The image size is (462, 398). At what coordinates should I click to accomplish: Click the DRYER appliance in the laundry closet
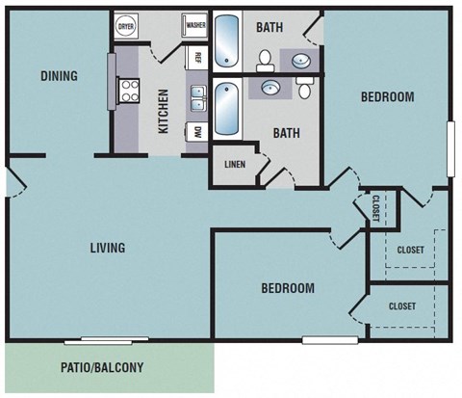pos(126,27)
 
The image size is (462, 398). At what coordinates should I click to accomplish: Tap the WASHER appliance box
pos(195,26)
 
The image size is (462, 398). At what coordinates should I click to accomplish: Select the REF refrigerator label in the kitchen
pos(196,59)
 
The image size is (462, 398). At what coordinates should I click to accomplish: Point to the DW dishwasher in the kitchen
pos(197,131)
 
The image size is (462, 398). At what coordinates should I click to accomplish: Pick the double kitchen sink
pos(197,97)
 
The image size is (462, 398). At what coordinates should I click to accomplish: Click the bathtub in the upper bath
pos(227,44)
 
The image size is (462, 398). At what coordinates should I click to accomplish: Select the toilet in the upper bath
pos(267,61)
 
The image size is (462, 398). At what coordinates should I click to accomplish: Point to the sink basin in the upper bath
pos(300,61)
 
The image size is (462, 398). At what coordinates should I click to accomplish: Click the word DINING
pos(59,76)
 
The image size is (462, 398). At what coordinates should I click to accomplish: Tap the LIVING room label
pos(107,248)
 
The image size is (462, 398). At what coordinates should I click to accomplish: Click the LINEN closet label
pos(235,164)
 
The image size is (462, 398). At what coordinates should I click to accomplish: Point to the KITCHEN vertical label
pos(164,111)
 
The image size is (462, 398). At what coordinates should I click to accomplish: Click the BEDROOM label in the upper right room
pos(387,96)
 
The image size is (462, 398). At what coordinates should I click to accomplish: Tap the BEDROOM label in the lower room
pos(288,288)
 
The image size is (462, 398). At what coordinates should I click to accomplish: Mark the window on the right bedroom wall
pos(449,148)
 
